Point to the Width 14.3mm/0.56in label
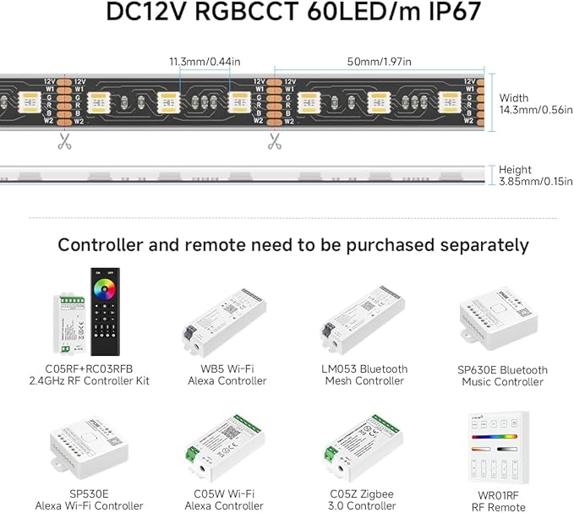pyautogui.click(x=534, y=105)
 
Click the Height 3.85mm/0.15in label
pyautogui.click(x=534, y=176)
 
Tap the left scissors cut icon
pyautogui.click(x=65, y=141)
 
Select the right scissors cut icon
pyautogui.click(x=275, y=141)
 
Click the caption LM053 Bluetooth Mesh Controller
pyautogui.click(x=366, y=375)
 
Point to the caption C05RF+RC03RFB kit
pyautogui.click(x=89, y=375)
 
